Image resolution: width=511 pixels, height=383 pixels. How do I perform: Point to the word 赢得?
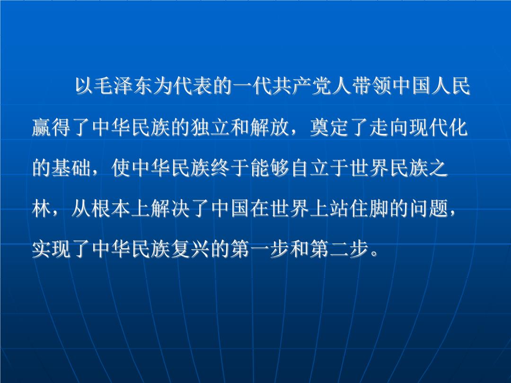[x=52, y=127]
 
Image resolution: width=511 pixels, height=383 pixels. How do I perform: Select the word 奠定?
[x=330, y=127]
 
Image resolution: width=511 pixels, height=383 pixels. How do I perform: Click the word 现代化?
[x=439, y=127]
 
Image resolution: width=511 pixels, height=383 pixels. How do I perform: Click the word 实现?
[x=52, y=249]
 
